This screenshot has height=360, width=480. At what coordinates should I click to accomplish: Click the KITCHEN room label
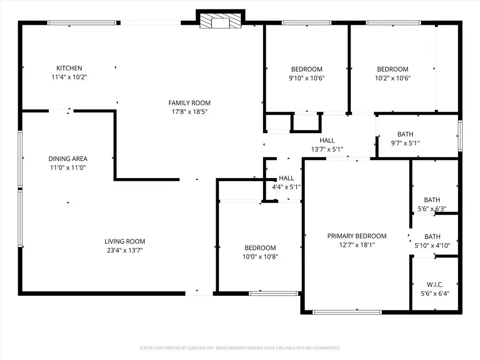point(69,68)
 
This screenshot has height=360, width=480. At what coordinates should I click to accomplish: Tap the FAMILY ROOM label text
point(189,103)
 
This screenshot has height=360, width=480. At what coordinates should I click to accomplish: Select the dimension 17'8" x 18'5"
point(189,112)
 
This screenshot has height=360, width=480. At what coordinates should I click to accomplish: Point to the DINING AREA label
point(68,158)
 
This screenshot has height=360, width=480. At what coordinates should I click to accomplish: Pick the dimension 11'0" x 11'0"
point(68,167)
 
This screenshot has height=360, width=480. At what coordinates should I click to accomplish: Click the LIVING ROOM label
point(125,241)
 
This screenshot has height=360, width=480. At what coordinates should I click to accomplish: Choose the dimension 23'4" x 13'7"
point(125,250)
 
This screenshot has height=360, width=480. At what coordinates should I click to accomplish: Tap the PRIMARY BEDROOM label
point(357,236)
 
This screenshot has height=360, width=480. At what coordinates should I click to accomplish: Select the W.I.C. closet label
point(435,285)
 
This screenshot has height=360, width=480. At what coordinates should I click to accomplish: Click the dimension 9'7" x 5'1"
point(405,143)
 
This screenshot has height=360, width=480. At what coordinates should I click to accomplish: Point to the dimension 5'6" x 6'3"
point(432,209)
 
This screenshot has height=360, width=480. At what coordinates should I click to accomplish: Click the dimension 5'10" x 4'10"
point(433,246)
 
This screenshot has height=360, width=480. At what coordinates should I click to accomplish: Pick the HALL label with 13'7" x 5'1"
point(327,141)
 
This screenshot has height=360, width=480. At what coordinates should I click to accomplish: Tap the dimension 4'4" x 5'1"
point(286,187)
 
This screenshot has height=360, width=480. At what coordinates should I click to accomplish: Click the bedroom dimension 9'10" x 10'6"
point(307,78)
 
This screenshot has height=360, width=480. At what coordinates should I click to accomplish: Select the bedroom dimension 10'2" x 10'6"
point(393,78)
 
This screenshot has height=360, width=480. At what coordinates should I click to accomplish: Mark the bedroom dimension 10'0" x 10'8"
point(260,257)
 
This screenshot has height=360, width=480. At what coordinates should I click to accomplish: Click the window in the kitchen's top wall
point(82,22)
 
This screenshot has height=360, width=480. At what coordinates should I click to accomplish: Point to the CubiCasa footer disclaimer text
point(240,348)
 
